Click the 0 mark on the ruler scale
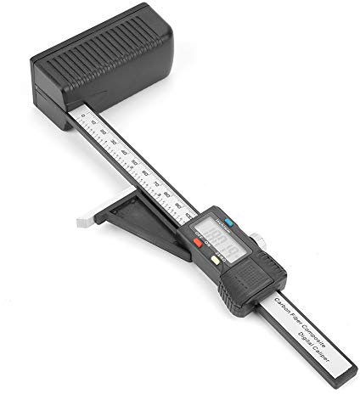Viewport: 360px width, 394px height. point(83,118)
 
